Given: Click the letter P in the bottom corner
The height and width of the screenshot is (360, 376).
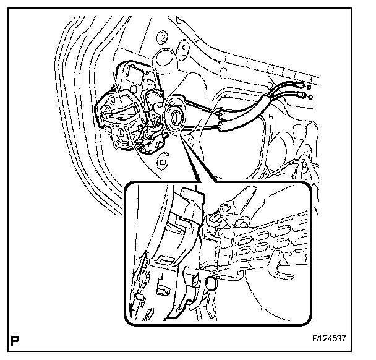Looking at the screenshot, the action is click(14, 339).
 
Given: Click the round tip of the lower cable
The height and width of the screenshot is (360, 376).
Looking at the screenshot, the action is click(309, 97).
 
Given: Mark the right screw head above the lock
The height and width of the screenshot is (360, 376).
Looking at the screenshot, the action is click(184, 46).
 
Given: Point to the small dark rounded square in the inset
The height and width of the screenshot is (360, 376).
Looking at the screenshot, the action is click(211, 284).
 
